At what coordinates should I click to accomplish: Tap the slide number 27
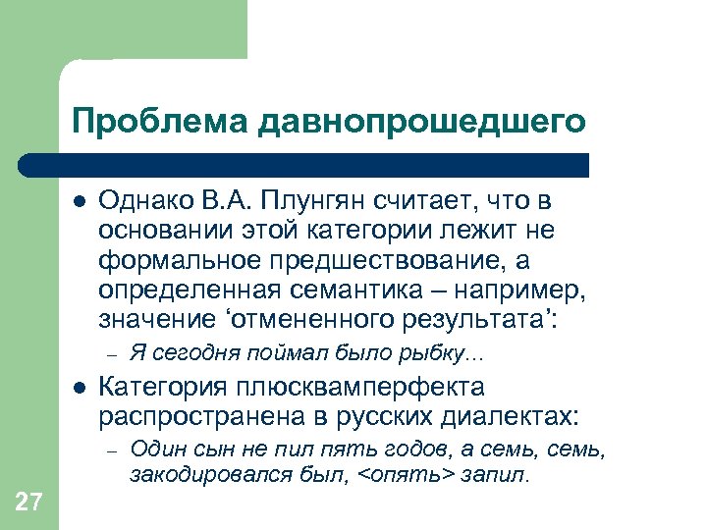pos(29,503)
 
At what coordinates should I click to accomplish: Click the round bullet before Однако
pos(80,201)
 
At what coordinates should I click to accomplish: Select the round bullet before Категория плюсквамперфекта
pos(80,387)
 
